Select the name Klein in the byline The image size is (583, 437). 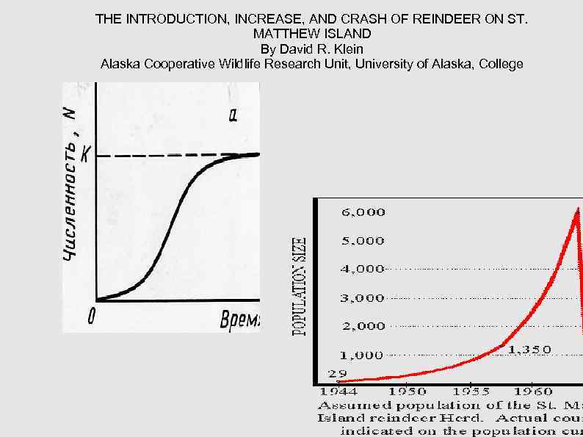(x=346, y=49)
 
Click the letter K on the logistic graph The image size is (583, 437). (x=86, y=155)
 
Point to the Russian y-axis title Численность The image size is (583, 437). (x=70, y=198)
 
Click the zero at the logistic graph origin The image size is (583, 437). (x=91, y=317)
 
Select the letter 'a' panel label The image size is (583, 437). (x=233, y=115)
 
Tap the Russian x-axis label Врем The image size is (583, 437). (x=239, y=319)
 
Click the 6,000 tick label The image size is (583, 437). (x=363, y=212)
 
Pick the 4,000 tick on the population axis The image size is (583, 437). (x=363, y=269)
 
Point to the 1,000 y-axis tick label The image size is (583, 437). (x=361, y=355)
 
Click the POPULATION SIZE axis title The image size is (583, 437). (x=300, y=286)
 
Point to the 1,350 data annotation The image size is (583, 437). (x=529, y=350)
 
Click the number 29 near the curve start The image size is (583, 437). (x=337, y=374)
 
